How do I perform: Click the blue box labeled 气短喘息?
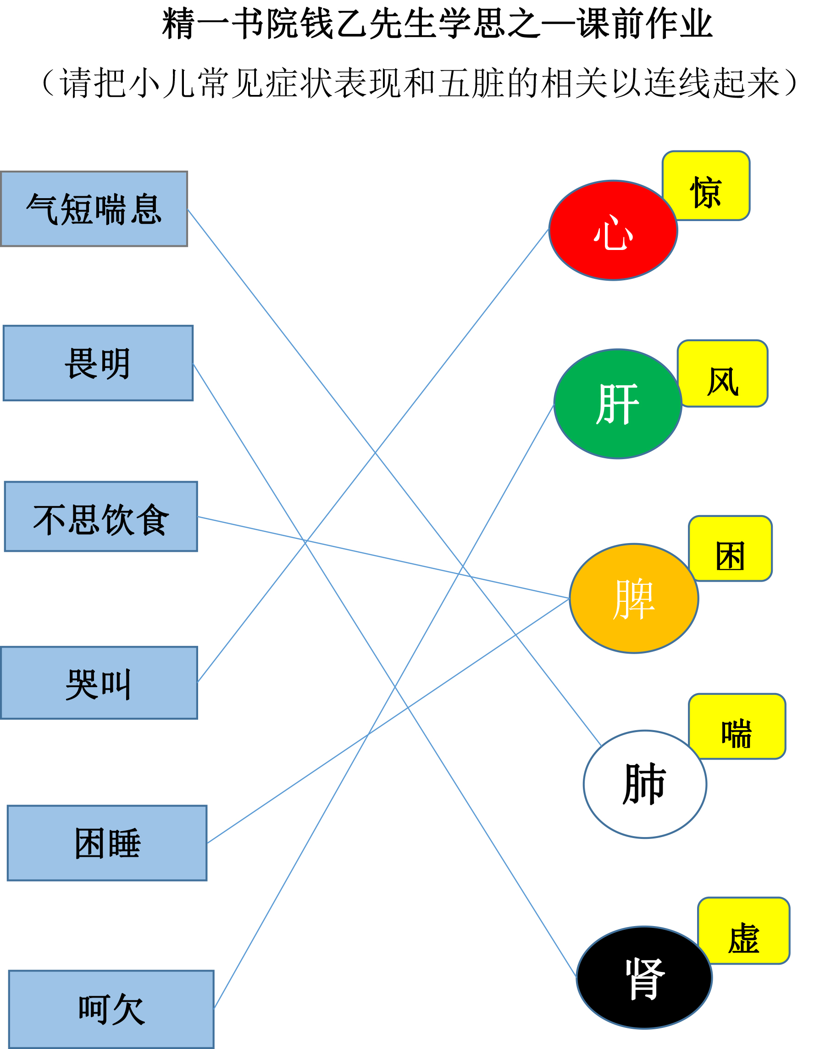point(94,209)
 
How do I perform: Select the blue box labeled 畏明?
point(98,363)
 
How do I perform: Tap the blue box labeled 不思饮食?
point(101,516)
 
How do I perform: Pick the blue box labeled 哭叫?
point(99,683)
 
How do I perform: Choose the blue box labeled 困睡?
point(107,843)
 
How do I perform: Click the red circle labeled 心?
point(614,231)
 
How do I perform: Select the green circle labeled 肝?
point(618,404)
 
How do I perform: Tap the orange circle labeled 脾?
point(634,599)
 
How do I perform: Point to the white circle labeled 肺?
point(645,784)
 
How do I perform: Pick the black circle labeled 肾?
point(644,977)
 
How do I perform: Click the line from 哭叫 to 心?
point(373,456)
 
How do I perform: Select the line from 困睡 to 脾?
point(388,721)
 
